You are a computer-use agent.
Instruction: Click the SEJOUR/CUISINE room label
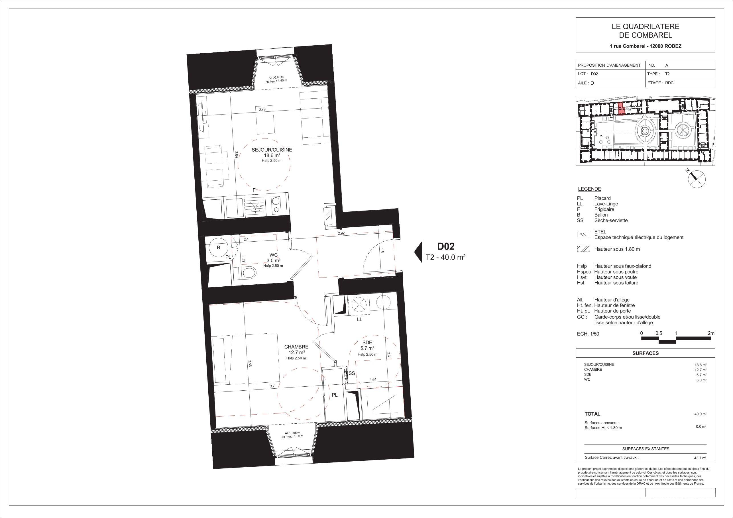[x=272, y=150]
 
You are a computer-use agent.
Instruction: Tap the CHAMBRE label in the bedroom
[x=296, y=347]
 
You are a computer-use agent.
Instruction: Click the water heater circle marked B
[x=218, y=247]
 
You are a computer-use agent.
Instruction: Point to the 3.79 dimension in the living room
[x=262, y=109]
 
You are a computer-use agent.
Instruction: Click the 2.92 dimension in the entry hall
[x=341, y=233]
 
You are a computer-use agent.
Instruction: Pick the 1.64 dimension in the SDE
[x=372, y=380]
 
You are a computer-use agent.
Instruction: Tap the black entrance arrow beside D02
[x=418, y=252]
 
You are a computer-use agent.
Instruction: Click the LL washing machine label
[x=359, y=319]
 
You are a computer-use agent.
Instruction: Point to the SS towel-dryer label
[x=352, y=373]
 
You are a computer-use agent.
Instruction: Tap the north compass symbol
[x=696, y=179]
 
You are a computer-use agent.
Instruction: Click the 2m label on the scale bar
[x=711, y=333]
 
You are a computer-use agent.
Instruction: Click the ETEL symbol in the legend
[x=583, y=234]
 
